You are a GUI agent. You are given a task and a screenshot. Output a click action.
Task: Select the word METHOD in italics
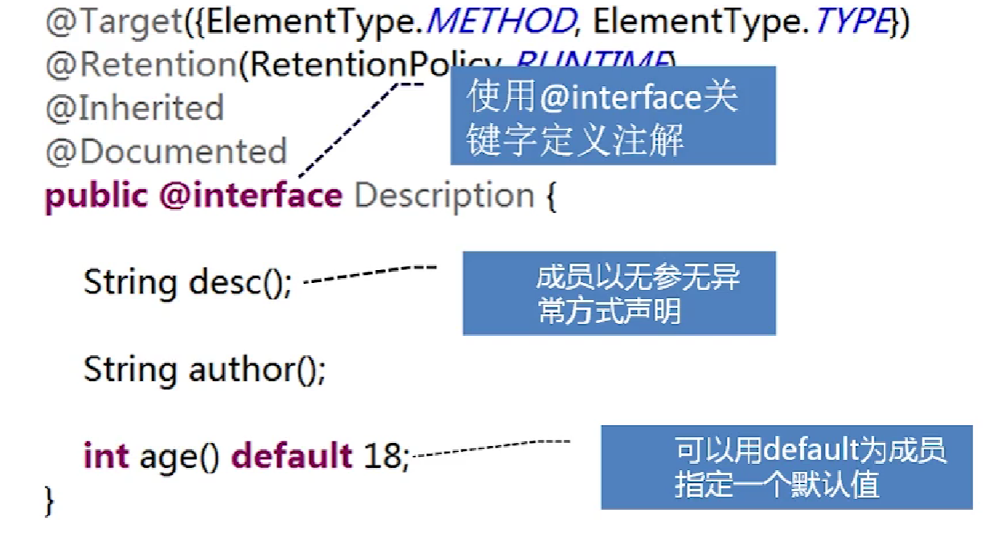coord(499,22)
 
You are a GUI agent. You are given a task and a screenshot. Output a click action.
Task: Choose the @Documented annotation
coord(166,151)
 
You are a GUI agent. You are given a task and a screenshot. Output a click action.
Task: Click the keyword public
coord(96,195)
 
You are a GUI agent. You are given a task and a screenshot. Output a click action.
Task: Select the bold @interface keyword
coord(250,195)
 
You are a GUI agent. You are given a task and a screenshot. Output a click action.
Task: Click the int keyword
coord(106,456)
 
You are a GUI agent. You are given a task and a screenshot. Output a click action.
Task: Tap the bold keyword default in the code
coord(292,456)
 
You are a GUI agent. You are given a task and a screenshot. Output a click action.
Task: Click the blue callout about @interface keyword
coord(612,116)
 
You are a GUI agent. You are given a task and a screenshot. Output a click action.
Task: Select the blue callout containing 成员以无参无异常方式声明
coord(618,293)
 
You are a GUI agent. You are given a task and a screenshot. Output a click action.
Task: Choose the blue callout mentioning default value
coord(786,467)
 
